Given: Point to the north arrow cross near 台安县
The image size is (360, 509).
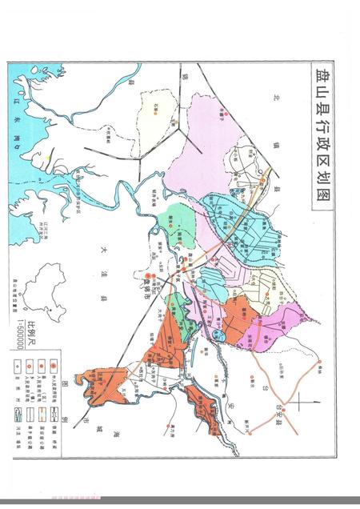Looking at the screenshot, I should [296, 402].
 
